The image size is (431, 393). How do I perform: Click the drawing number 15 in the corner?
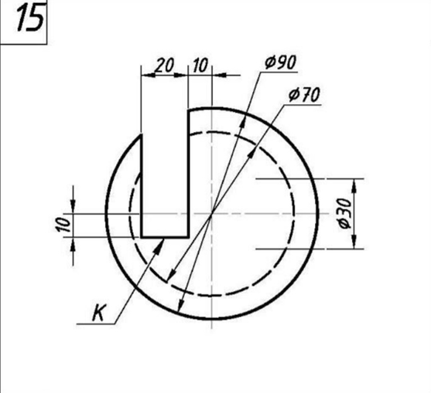coord(30,18)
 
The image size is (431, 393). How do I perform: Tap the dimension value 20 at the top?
coord(164,66)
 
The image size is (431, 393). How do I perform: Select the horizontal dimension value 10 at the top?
coord(200,66)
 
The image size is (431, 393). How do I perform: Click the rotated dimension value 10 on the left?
coord(63,225)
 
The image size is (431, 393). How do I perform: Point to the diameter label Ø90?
coord(281,63)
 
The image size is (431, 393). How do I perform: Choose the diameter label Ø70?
coord(305,95)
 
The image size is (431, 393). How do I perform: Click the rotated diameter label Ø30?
coord(344,213)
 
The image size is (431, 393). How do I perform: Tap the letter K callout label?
coord(99,313)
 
